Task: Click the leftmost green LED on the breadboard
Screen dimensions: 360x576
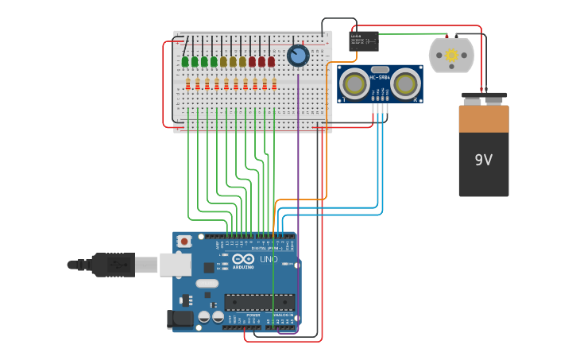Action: coord(185,61)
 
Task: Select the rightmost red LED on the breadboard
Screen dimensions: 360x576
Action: coord(271,61)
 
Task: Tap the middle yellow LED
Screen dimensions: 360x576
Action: coord(233,61)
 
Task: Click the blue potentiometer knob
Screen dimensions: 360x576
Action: coord(298,56)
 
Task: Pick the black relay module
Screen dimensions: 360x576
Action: coord(363,41)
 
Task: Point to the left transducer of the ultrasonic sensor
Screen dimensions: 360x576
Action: coord(355,83)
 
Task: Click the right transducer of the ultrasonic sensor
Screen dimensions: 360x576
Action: coord(405,83)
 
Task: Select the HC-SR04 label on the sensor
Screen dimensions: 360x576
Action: coord(380,77)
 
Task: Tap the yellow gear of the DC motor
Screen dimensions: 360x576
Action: coord(451,55)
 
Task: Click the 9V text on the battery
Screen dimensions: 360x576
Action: coord(483,160)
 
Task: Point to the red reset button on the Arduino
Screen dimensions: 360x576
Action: coord(184,241)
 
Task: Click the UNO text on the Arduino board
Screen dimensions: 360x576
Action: coord(269,259)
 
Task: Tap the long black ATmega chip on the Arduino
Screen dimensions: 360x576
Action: coord(259,302)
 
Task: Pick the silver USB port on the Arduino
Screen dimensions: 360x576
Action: coord(175,265)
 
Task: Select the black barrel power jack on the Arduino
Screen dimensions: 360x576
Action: coord(180,319)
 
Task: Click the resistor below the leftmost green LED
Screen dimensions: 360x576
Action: coord(187,83)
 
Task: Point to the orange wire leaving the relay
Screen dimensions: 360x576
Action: coord(327,127)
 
